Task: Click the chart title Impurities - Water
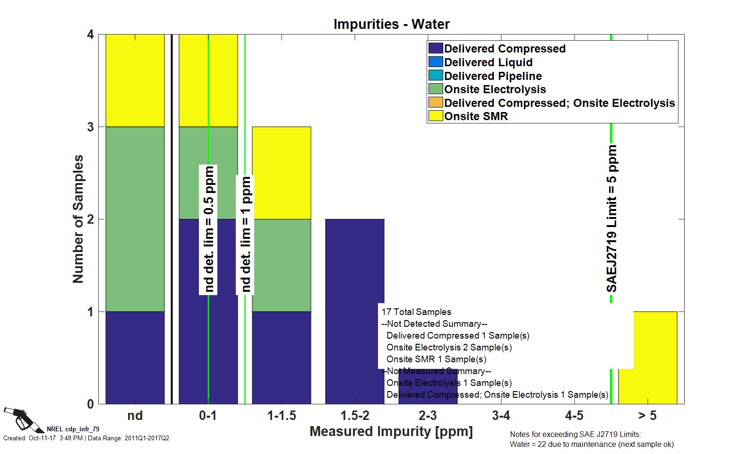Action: [391, 24]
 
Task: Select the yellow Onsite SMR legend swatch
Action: [435, 116]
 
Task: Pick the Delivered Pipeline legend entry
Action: [493, 76]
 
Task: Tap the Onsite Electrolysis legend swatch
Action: [435, 89]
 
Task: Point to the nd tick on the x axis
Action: [135, 416]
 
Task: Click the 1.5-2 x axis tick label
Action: [355, 416]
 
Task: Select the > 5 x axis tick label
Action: [647, 416]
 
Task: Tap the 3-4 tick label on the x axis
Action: [501, 416]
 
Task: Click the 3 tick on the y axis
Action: [90, 127]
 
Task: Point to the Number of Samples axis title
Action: [78, 219]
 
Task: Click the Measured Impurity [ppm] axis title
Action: [391, 431]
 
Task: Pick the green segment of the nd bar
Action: [135, 219]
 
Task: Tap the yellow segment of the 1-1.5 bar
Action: [281, 173]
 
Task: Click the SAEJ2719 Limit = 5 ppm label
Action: [612, 219]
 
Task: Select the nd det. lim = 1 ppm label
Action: [246, 235]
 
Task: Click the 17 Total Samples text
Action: [416, 312]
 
